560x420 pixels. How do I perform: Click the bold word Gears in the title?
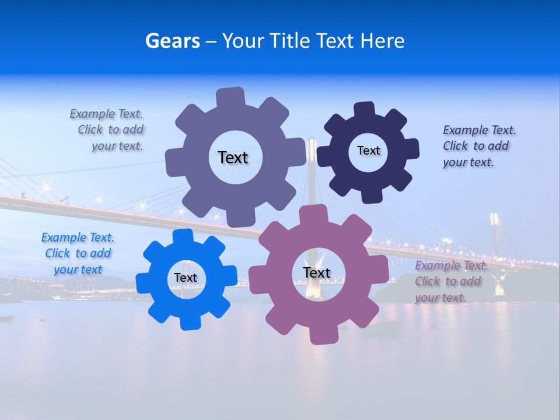172,41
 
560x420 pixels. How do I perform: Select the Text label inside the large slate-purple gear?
233,157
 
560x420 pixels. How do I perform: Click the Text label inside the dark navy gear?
368,150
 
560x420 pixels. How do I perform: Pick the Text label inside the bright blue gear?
185,278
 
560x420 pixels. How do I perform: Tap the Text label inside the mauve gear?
317,272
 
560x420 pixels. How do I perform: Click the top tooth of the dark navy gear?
364,110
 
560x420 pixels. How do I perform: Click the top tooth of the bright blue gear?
183,237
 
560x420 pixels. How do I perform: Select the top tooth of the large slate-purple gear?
230,97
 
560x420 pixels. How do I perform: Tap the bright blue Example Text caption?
78,253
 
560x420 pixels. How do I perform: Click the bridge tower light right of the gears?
495,220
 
